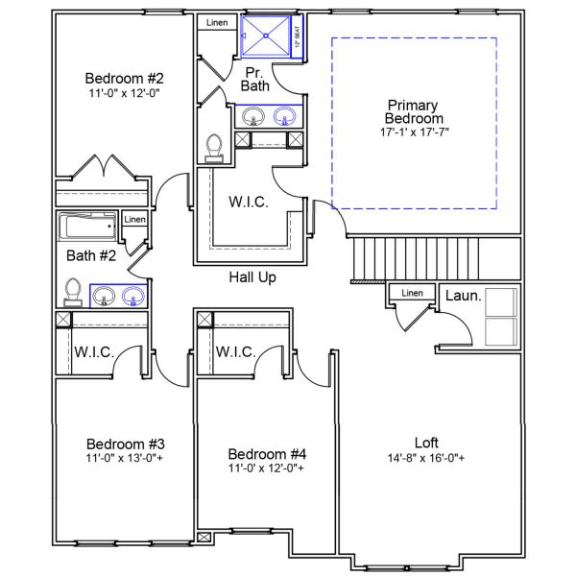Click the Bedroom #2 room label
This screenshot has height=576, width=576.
[124, 79]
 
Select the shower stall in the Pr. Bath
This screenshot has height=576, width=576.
[266, 36]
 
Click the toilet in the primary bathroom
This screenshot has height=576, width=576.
[214, 146]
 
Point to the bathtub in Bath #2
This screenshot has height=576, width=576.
[87, 228]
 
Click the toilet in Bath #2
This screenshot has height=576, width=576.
[72, 292]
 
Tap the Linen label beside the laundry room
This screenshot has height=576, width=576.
[412, 293]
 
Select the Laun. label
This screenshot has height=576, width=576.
[463, 296]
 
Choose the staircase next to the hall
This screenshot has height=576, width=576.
[415, 257]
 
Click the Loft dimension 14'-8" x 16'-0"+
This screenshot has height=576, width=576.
[426, 458]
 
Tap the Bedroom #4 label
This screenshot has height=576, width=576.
[267, 453]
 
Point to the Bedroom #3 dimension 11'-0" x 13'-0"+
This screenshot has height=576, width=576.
[126, 459]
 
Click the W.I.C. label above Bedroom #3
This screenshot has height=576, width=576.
[94, 352]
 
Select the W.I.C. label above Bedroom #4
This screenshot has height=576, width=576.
[235, 352]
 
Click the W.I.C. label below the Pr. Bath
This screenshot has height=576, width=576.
[248, 203]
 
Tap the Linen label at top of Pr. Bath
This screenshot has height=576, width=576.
[217, 22]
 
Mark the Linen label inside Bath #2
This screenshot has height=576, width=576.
[134, 220]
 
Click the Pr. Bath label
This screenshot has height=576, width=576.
[255, 79]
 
